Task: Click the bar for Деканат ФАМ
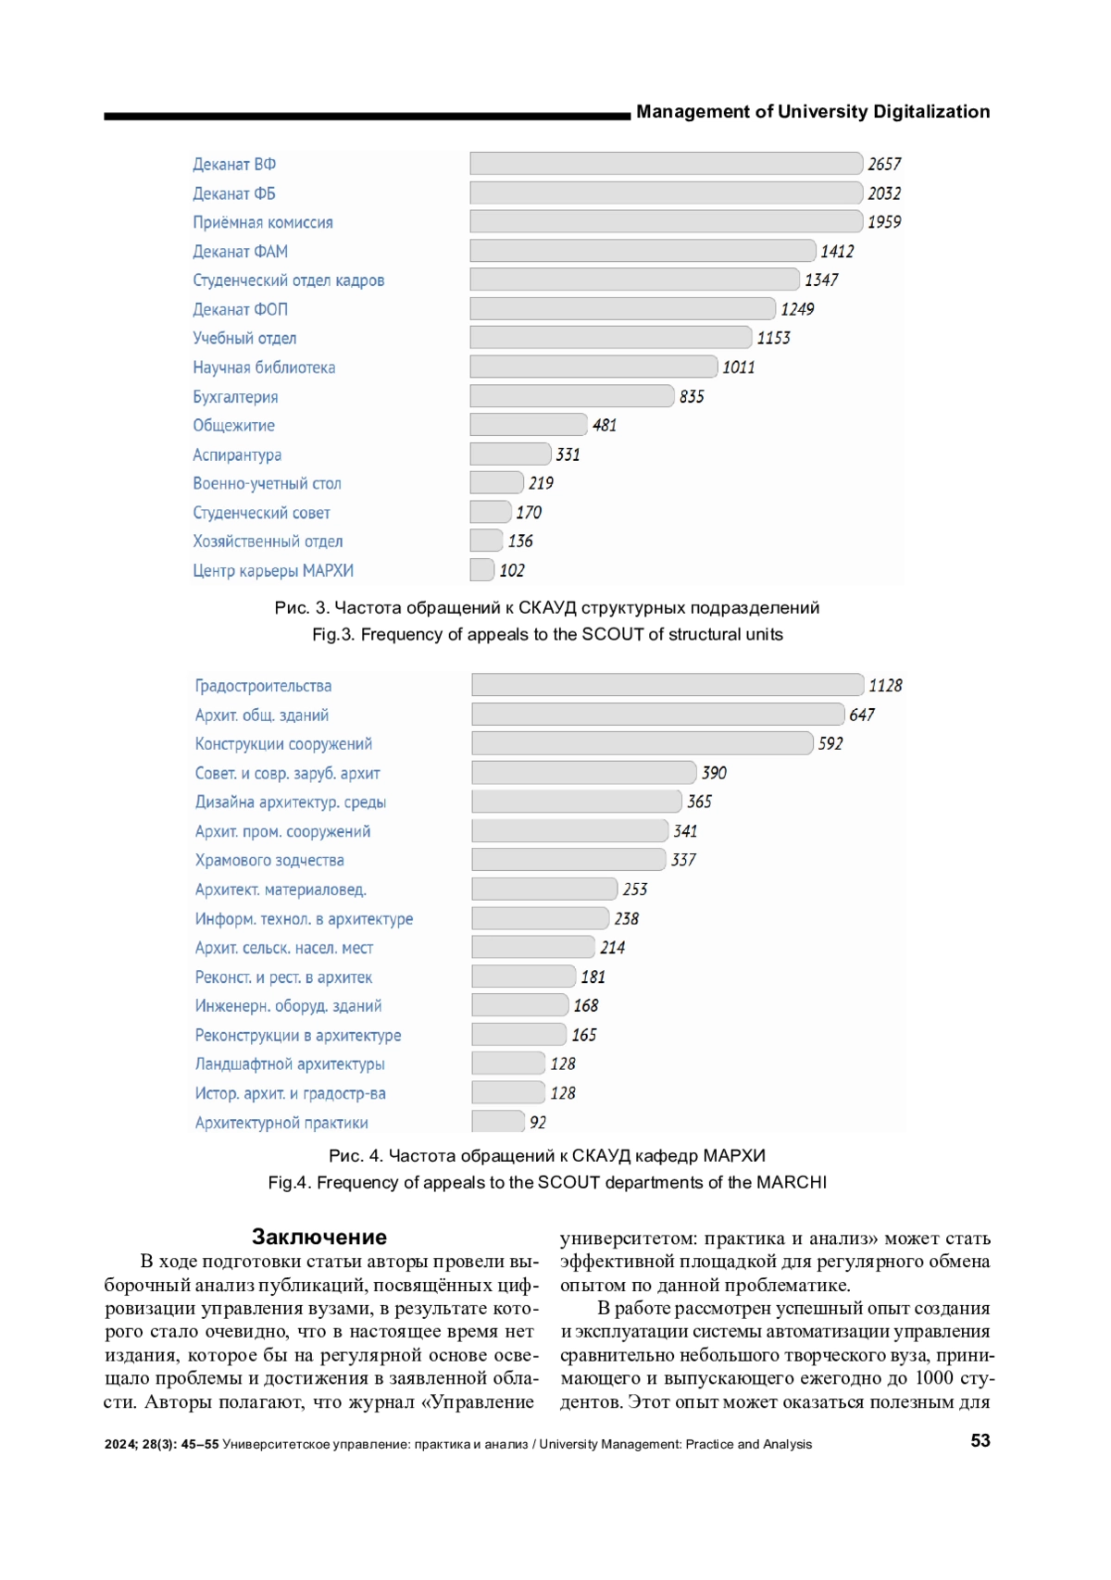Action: (643, 251)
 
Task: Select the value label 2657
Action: (884, 164)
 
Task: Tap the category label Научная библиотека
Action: (264, 367)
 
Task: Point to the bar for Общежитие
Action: (529, 425)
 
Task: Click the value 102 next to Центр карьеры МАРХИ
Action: (512, 570)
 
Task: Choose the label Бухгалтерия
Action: (235, 397)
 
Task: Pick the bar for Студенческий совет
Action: (491, 512)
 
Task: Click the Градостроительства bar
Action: (668, 685)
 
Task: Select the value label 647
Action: (862, 715)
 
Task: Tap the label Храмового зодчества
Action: (269, 860)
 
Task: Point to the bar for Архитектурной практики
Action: (498, 1122)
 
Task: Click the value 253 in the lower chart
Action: (635, 890)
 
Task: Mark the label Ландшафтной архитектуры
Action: (290, 1064)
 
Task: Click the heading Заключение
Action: (319, 1237)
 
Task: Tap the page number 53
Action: (980, 1440)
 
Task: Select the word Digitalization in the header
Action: (931, 112)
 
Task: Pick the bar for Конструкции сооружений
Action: (643, 743)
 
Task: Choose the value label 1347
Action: (821, 280)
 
